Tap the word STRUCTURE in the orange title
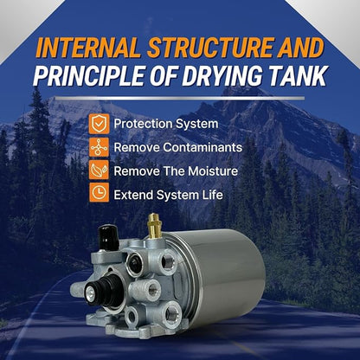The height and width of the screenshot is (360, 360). click(x=211, y=48)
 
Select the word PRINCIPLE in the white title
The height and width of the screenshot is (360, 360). click(x=89, y=75)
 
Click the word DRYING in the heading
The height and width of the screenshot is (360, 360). click(x=227, y=75)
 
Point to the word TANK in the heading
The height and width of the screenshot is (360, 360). click(x=301, y=75)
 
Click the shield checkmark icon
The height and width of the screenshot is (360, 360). click(x=99, y=124)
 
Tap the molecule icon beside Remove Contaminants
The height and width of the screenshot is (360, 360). click(x=99, y=147)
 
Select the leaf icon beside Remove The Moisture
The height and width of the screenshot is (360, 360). click(x=99, y=171)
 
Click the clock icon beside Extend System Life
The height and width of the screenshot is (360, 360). click(x=99, y=192)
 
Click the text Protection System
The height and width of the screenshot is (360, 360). click(x=166, y=124)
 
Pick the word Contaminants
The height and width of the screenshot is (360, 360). click(x=202, y=147)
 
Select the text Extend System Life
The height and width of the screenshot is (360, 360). click(x=169, y=195)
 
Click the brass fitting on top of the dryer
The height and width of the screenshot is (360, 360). click(x=154, y=226)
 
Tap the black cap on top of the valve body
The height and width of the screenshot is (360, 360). click(x=108, y=237)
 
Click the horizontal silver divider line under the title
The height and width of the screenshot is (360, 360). click(x=180, y=99)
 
